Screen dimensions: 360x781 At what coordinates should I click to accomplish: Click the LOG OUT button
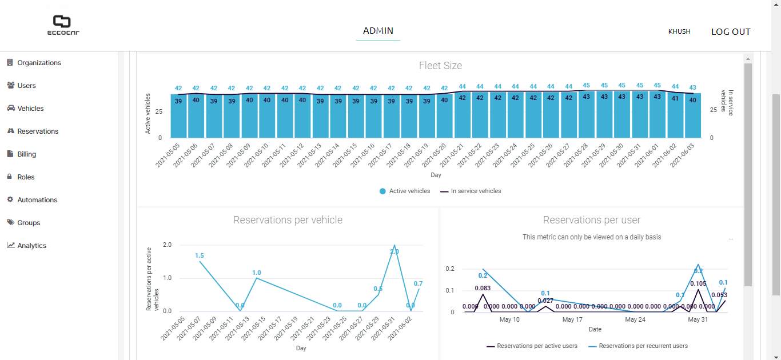point(731,32)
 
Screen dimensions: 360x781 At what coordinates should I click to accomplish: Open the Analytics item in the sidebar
point(31,246)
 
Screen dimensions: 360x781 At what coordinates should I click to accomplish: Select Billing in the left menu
point(26,154)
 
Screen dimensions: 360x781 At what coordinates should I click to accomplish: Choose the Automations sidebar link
point(37,200)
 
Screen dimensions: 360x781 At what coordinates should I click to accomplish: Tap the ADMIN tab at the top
point(378,31)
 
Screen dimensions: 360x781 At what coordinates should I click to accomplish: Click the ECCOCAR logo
point(63,26)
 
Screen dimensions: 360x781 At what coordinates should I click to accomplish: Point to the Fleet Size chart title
point(440,66)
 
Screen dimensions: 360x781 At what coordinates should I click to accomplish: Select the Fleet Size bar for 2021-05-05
point(178,115)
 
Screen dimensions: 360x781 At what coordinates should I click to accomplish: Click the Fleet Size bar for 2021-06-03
point(692,115)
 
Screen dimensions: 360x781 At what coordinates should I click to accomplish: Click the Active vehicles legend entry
point(405,191)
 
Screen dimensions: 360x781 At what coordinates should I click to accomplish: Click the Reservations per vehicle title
point(288,220)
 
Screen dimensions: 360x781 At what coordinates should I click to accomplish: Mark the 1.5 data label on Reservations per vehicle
point(200,255)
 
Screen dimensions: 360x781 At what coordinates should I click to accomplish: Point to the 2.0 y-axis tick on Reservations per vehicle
point(167,245)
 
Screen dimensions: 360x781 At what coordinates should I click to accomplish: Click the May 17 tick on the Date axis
point(572,320)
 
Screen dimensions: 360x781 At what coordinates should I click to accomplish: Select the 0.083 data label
point(483,289)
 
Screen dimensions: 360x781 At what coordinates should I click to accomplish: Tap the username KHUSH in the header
point(679,32)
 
